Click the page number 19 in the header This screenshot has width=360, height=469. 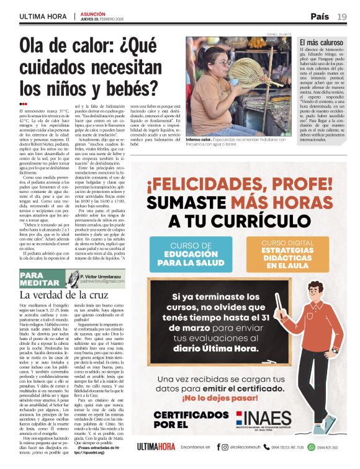point(342,16)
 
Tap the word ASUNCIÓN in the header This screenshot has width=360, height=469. point(92,12)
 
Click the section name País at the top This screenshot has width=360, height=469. point(320,16)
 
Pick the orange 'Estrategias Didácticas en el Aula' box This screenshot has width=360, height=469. point(287,254)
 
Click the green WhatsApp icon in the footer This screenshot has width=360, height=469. point(312,447)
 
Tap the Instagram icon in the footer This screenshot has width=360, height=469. point(225,447)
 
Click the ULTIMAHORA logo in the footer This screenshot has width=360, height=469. point(156,447)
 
